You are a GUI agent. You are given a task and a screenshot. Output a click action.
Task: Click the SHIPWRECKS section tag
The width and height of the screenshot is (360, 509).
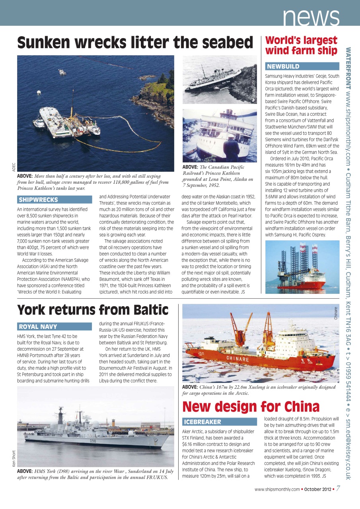click(x=38, y=200)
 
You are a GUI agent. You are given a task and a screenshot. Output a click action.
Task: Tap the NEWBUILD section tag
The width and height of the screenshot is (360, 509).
click(x=283, y=66)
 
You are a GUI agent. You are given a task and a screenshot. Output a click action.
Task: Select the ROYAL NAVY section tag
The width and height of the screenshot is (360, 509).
click(x=38, y=326)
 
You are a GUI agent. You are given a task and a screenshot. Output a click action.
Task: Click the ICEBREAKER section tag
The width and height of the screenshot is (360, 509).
click(x=202, y=422)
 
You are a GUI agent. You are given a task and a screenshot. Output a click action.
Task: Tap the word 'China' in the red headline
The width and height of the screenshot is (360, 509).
click(x=302, y=406)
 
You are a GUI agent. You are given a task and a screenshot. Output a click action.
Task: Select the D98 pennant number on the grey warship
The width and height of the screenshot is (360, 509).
click(x=93, y=440)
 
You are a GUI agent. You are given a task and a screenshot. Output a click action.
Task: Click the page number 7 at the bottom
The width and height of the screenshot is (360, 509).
click(x=338, y=489)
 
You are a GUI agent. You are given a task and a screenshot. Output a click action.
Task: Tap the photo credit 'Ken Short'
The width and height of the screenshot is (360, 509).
click(x=14, y=458)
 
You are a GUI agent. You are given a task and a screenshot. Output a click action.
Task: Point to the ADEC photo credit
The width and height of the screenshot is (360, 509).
click(x=14, y=167)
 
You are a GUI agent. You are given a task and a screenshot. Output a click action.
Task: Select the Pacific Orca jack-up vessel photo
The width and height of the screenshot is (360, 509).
click(x=302, y=267)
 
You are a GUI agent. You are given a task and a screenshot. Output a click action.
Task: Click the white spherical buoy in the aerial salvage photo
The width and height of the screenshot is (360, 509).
click(x=39, y=92)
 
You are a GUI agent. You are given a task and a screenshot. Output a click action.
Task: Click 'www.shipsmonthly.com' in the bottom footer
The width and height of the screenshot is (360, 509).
click(x=276, y=489)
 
